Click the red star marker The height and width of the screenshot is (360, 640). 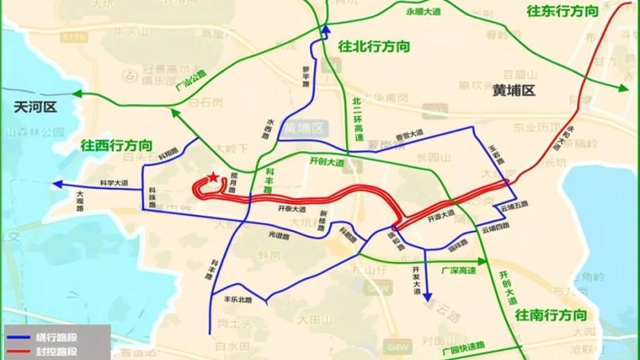(212, 177)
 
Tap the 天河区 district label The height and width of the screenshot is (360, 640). (36, 107)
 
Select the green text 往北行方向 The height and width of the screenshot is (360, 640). (374, 47)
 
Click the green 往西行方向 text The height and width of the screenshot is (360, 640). (117, 145)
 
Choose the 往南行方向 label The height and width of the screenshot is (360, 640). (551, 314)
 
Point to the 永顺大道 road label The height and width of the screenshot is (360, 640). (423, 12)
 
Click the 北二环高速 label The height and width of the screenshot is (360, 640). (358, 119)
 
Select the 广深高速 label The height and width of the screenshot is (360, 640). (459, 271)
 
